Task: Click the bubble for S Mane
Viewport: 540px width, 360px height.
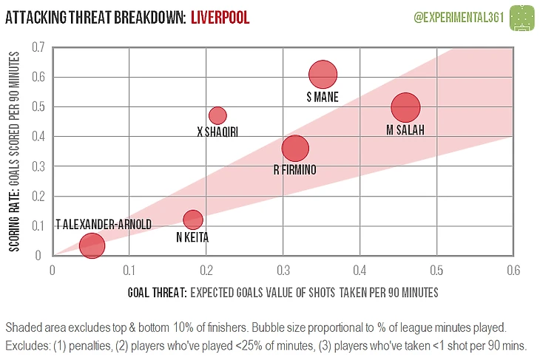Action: coord(323,75)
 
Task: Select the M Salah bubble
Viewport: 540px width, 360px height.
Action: coord(405,107)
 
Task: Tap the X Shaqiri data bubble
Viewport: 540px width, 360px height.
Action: coord(217,115)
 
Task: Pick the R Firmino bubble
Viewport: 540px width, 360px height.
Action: coord(295,149)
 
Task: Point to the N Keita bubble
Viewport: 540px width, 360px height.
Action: coord(193,220)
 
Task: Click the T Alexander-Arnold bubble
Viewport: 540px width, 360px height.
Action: coord(92,245)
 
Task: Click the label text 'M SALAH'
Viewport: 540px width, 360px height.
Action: coord(406,130)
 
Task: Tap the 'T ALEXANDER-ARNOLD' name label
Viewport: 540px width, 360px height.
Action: coord(104,224)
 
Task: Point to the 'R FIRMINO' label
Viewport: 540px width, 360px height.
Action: coord(294,170)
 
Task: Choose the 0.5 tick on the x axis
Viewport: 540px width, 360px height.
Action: coord(436,269)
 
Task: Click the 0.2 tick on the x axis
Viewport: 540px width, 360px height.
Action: coord(206,269)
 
